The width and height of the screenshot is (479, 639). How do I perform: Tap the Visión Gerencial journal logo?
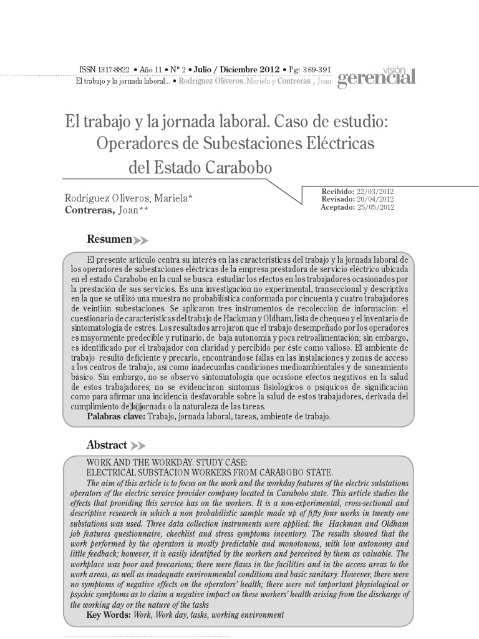(376, 76)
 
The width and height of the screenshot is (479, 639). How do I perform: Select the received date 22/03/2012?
(375, 191)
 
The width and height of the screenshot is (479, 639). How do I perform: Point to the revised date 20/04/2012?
(375, 199)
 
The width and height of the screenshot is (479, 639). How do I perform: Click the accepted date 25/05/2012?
(375, 207)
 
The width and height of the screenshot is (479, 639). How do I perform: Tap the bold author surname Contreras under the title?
(89, 210)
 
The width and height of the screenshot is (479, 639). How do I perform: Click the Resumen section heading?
(109, 239)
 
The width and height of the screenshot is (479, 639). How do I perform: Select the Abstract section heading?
(107, 445)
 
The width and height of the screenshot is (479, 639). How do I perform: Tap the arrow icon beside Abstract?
(137, 446)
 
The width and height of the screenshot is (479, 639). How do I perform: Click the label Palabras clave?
(116, 416)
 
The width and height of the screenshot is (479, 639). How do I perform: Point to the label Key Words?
(109, 615)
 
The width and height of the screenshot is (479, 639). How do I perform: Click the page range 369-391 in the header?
(316, 70)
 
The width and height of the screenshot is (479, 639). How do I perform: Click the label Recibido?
(337, 191)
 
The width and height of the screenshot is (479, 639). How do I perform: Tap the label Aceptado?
(337, 207)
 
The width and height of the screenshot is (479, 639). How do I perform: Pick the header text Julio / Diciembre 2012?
(237, 70)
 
